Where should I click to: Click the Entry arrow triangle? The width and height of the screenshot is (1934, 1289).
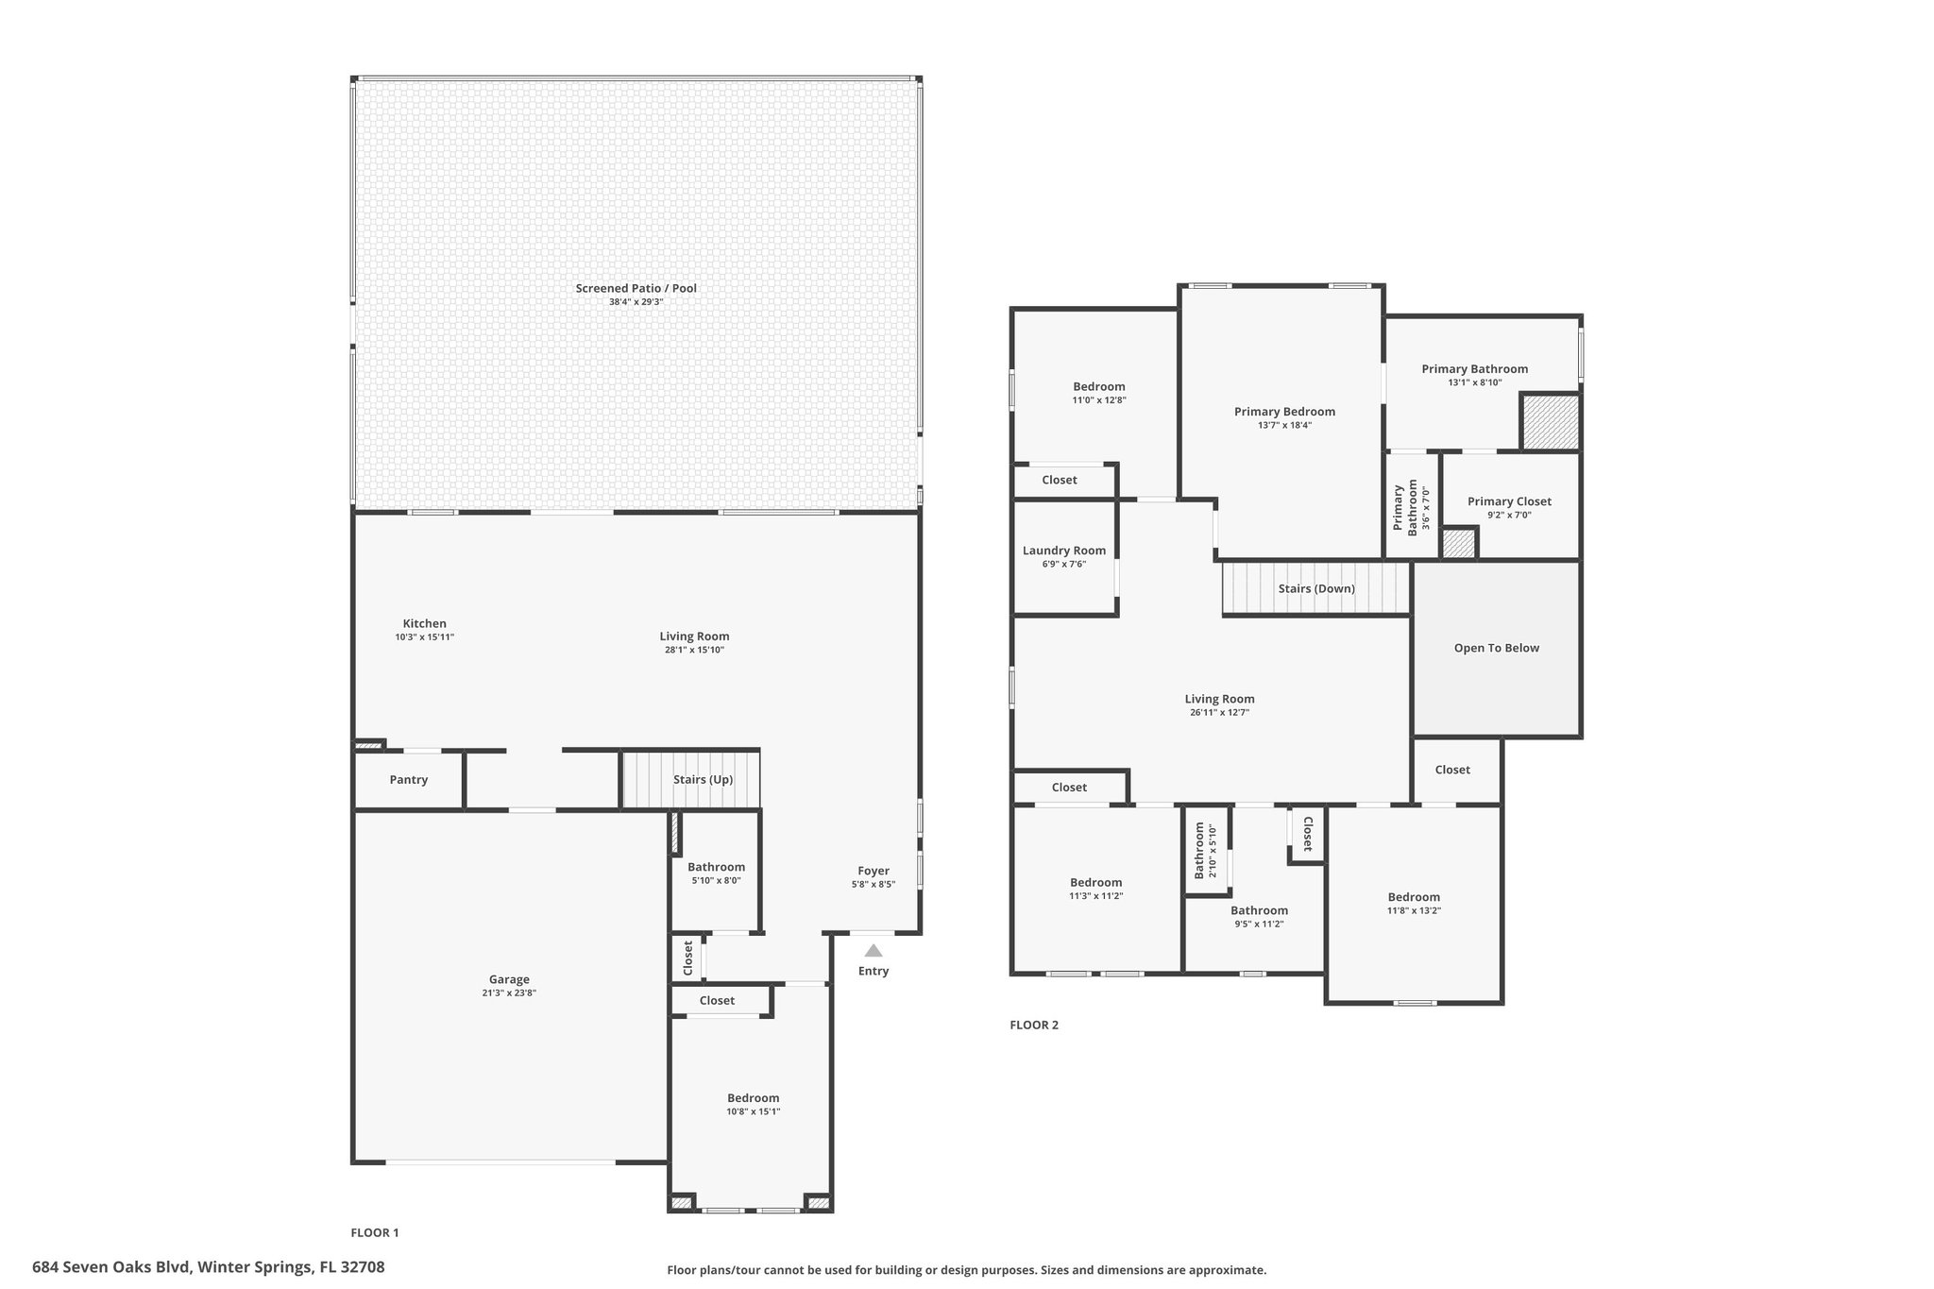pos(874,950)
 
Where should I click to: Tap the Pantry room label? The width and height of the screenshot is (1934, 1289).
pos(409,780)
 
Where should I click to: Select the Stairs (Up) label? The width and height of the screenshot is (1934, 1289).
pos(703,780)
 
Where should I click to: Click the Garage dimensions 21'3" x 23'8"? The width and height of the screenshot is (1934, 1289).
pos(509,992)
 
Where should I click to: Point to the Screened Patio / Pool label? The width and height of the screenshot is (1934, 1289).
pos(636,288)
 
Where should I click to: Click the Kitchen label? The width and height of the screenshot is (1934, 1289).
pos(425,623)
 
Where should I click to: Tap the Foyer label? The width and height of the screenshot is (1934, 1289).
pos(874,871)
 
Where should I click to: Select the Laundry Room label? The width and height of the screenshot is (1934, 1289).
pos(1064,551)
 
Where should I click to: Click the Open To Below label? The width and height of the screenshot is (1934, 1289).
pos(1497,648)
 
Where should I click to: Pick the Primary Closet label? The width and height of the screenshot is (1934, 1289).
pos(1509,501)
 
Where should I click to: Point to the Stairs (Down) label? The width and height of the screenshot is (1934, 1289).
pos(1316,588)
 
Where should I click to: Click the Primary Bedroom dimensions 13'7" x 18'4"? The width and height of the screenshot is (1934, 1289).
pos(1284,425)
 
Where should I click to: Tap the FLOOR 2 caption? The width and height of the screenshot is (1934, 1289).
pos(1034,1025)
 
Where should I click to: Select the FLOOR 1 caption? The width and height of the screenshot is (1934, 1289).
pos(375,1232)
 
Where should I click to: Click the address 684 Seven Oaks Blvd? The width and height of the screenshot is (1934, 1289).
pos(112,1266)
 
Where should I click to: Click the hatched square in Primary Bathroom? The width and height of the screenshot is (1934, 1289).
pos(1550,421)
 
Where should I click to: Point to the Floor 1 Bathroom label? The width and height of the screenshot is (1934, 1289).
pos(716,867)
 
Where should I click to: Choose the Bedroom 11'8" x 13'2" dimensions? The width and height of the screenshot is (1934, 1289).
pos(1414,910)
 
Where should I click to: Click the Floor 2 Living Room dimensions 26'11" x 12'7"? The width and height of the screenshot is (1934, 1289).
pos(1220,713)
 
